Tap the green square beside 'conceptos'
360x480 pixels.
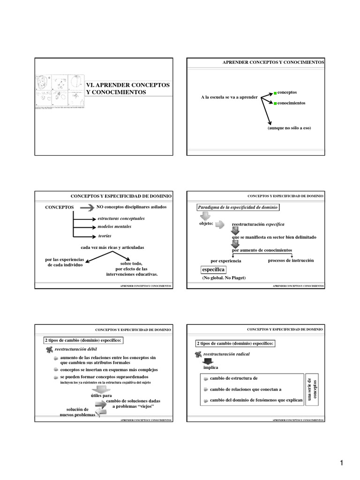[276, 93]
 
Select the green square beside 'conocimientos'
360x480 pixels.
[276, 103]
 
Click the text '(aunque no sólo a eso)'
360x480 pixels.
[289, 128]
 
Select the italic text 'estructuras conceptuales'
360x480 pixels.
[121, 218]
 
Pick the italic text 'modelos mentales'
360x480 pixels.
[114, 226]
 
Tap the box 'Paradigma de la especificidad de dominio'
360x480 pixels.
[237, 207]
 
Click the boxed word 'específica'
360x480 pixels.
[213, 270]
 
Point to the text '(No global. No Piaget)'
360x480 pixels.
[224, 278]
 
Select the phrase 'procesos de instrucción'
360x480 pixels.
[291, 260]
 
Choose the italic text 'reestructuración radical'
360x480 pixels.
[226, 354]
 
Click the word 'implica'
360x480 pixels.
[211, 368]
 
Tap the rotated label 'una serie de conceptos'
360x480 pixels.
[312, 389]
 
